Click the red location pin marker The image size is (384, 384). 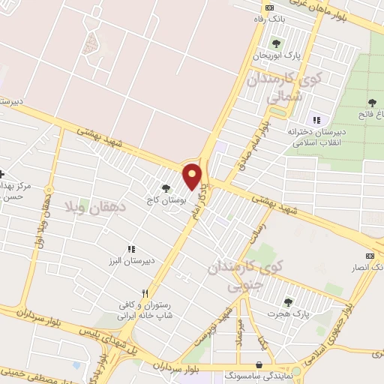(193, 176)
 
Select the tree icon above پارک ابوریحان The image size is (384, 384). (276, 43)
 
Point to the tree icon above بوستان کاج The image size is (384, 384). (166, 188)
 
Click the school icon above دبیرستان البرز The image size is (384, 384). (131, 249)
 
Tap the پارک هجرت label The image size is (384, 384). (290, 313)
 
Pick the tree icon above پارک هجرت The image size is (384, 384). (288, 301)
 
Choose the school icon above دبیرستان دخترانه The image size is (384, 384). (316, 120)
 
